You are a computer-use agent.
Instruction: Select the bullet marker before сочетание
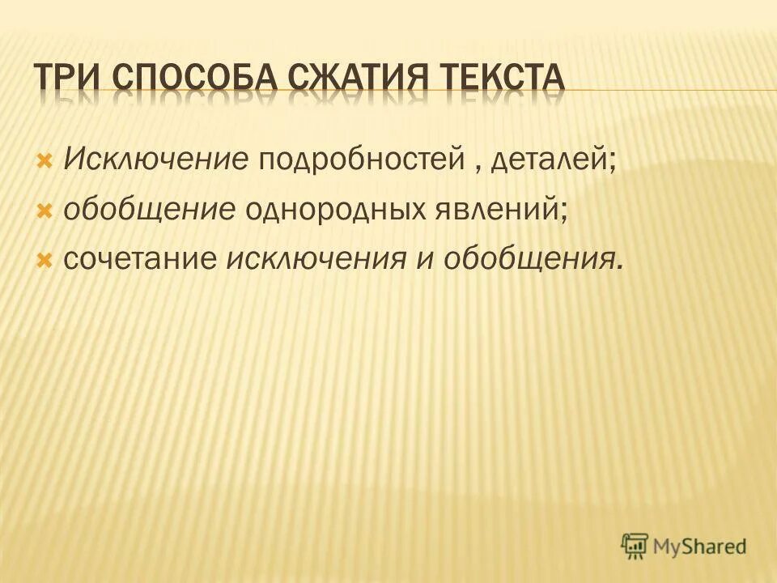[x=45, y=260]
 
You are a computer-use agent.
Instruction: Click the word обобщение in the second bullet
[x=149, y=209]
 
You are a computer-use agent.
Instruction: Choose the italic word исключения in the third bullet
[x=316, y=259]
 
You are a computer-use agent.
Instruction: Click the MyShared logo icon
[x=635, y=547]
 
